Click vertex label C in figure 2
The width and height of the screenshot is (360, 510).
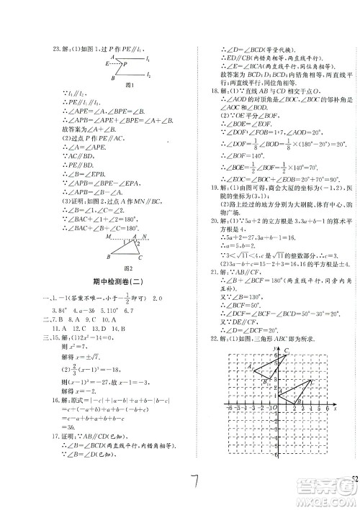click(x=141, y=257)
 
